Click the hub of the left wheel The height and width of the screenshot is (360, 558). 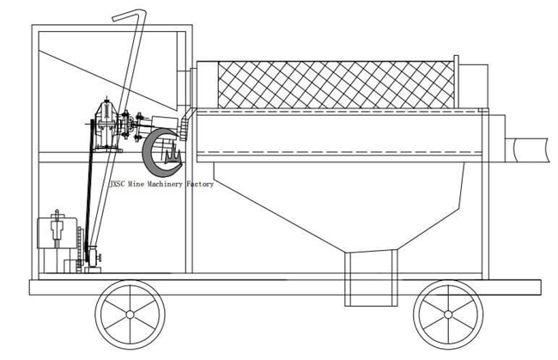pos(130,314)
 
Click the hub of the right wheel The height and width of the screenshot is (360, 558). pos(448,314)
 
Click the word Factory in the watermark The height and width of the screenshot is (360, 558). pos(200,184)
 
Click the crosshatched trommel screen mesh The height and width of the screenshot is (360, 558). pos(336,85)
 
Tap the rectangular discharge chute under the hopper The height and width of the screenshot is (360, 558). pos(371,278)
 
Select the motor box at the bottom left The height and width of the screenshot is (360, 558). pos(58,233)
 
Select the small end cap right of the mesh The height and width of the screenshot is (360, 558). pos(473,86)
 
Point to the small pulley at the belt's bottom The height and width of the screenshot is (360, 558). pos(94,257)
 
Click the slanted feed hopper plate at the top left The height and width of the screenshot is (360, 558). pos(108,79)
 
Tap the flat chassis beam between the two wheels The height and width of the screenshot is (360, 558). pos(285,288)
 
